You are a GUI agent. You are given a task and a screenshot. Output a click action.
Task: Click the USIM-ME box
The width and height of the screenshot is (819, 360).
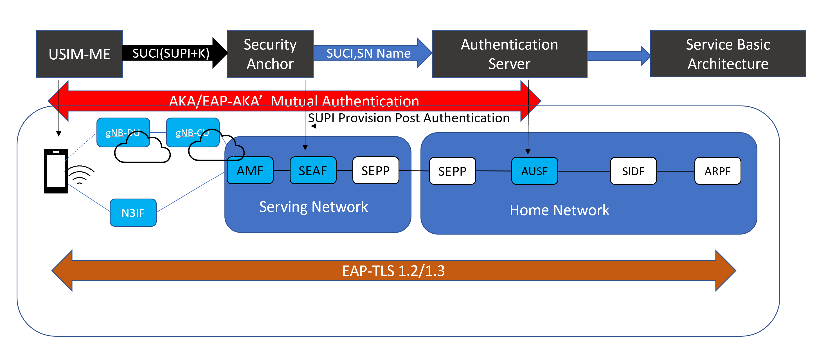[80, 54]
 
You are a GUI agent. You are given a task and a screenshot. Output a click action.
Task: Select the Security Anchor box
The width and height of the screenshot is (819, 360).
[270, 54]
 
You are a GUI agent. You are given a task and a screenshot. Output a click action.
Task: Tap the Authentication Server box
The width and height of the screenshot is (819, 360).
[509, 54]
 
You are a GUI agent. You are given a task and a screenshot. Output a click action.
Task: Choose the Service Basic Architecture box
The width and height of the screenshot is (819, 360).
[728, 54]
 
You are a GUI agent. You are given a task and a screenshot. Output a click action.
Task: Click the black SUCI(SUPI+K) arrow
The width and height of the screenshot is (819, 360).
[172, 53]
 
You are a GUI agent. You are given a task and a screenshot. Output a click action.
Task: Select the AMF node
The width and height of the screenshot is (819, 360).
[250, 171]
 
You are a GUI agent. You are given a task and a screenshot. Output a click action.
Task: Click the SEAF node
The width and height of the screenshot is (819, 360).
[313, 171]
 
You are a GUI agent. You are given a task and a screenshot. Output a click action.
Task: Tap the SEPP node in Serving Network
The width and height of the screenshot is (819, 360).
[375, 171]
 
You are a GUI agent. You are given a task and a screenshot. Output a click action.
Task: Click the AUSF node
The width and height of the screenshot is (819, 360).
[534, 171]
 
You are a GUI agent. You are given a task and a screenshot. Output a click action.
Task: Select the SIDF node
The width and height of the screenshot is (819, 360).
[633, 171]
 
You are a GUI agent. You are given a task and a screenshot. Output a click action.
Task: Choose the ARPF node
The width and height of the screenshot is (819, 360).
[717, 171]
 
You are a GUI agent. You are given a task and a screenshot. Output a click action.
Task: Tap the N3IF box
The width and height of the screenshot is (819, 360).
[133, 213]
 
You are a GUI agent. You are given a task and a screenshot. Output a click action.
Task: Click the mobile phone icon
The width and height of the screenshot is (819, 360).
[56, 171]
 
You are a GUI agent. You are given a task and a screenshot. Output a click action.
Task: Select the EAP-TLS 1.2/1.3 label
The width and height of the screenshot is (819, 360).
[393, 271]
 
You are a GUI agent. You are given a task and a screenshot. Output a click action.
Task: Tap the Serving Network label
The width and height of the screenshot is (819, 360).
[314, 207]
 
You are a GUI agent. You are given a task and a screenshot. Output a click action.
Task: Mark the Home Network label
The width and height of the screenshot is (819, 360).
[559, 210]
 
